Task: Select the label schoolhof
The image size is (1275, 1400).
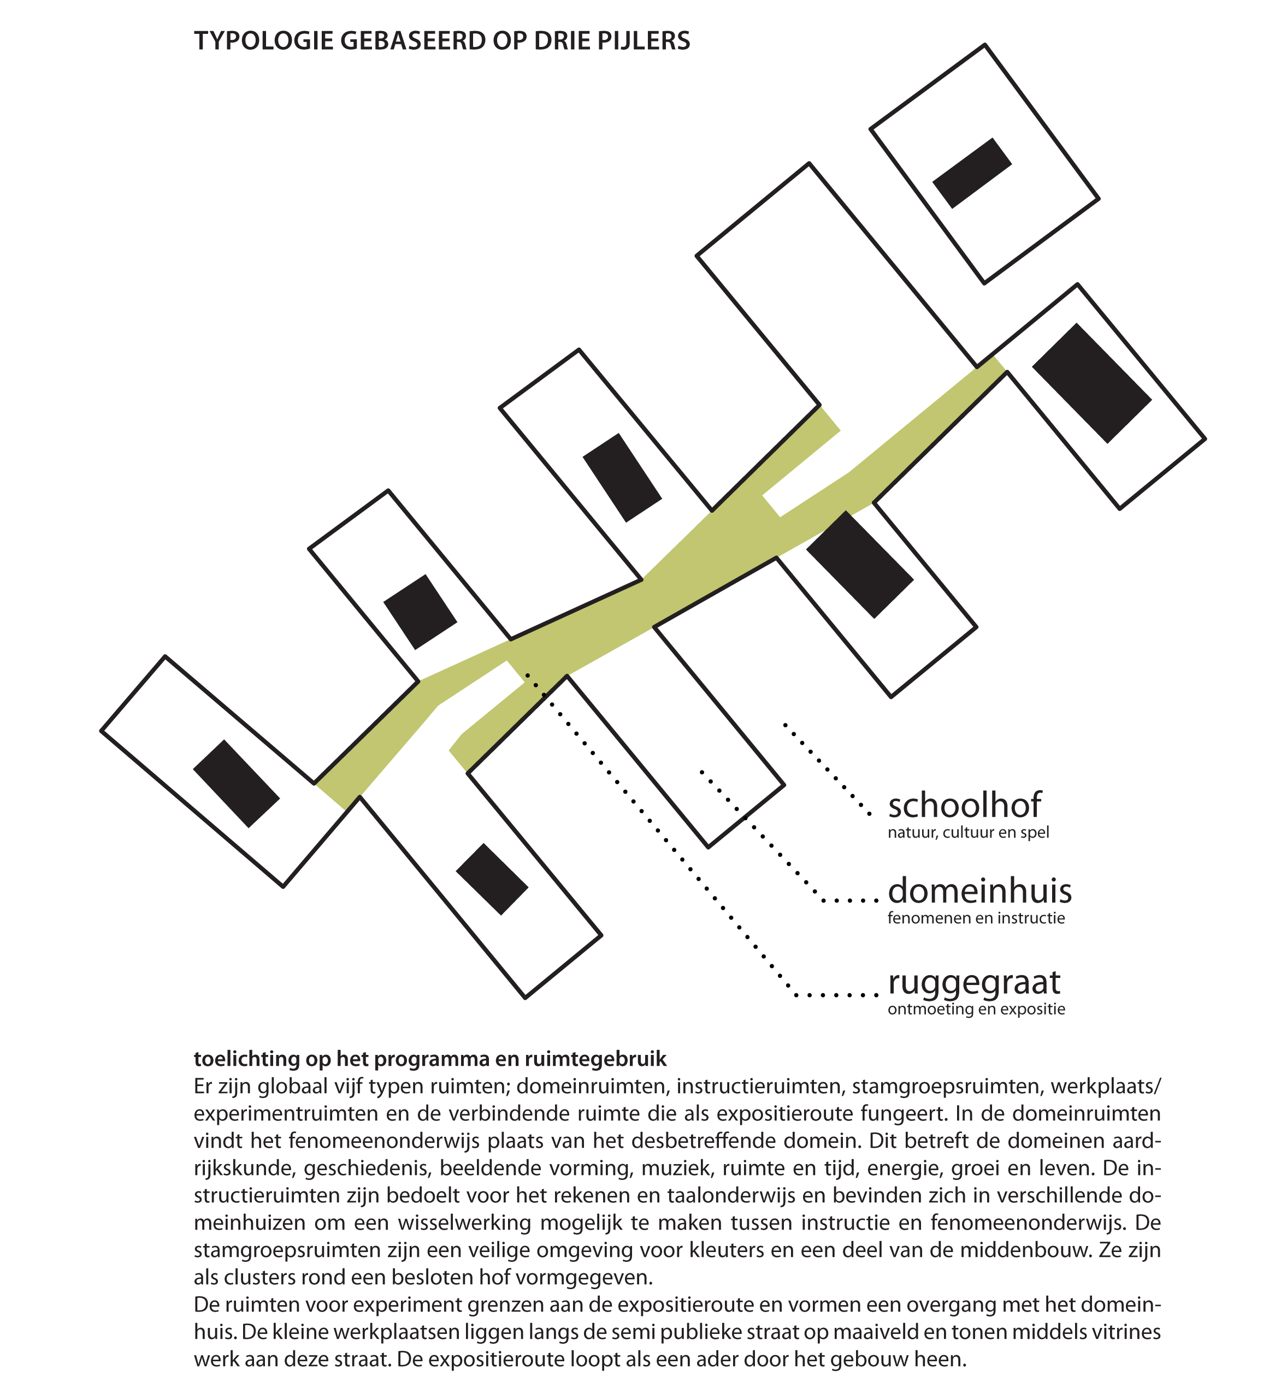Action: pyautogui.click(x=964, y=805)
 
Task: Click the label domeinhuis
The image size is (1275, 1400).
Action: pyautogui.click(x=979, y=891)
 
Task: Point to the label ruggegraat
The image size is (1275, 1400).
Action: pyautogui.click(x=974, y=983)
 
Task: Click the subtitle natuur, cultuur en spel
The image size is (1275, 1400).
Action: pyautogui.click(x=968, y=832)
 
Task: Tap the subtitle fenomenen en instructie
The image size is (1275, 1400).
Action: pyautogui.click(x=976, y=918)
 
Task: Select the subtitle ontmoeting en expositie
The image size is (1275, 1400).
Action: pyautogui.click(x=976, y=1009)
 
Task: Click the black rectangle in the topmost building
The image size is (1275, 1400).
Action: pyautogui.click(x=971, y=173)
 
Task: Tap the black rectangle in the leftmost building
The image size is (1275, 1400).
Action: pyautogui.click(x=236, y=784)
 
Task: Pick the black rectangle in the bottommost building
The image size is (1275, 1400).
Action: pyautogui.click(x=492, y=879)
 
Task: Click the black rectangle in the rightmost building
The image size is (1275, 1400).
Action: pyautogui.click(x=1091, y=383)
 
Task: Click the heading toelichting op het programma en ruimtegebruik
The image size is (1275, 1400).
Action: pyautogui.click(x=429, y=1059)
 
